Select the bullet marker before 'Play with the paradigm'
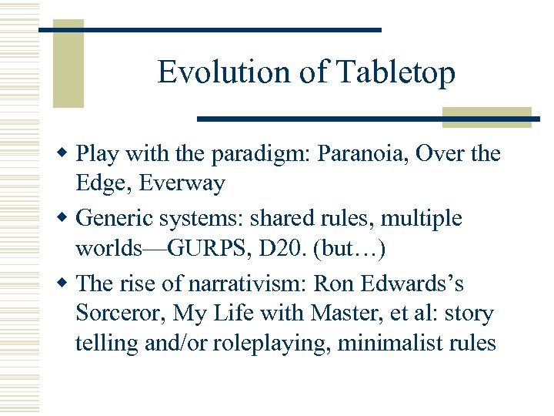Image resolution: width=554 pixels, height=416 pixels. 66,153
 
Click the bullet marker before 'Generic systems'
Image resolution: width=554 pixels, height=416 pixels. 66,219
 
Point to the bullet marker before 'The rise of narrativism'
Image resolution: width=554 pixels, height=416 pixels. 66,284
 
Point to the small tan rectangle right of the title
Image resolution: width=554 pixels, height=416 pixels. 487,117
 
